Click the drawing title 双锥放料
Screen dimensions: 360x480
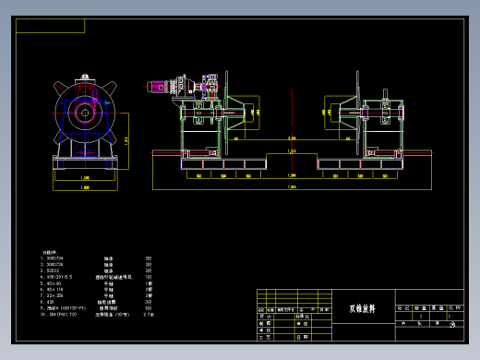click(362, 309)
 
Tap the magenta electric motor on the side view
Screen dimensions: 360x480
click(155, 87)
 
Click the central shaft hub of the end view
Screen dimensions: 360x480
click(85, 114)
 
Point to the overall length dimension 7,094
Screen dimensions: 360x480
click(292, 186)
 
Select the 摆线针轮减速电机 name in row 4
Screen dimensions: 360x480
click(114, 276)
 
